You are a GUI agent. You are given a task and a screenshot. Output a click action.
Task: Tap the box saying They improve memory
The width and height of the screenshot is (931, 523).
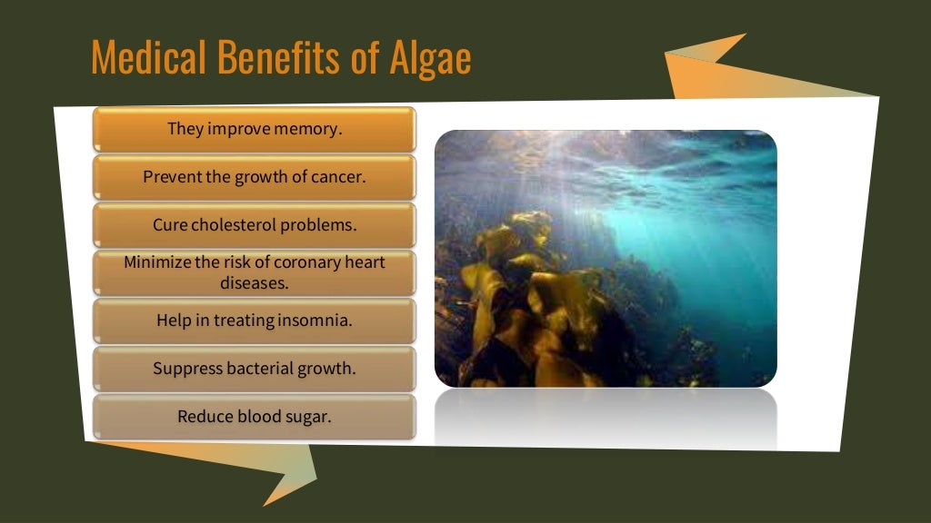click(x=255, y=129)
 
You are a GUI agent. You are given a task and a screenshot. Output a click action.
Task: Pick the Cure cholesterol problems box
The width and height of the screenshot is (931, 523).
click(x=255, y=225)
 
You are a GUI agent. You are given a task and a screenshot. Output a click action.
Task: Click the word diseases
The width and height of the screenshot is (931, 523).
click(x=255, y=282)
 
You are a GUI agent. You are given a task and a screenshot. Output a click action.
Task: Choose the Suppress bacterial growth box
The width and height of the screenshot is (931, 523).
click(x=255, y=369)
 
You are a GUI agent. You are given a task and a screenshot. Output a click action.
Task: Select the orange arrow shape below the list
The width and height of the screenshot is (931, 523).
click(x=273, y=468)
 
